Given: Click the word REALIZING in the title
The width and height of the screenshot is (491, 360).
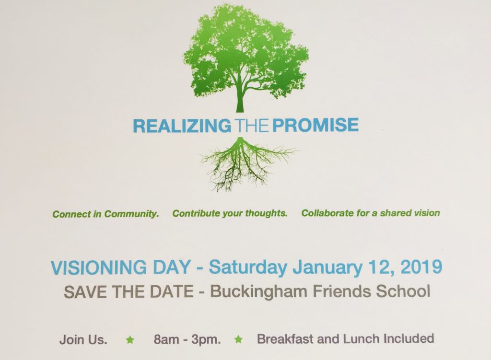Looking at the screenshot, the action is [182, 125].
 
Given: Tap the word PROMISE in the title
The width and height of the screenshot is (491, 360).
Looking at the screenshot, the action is [316, 125].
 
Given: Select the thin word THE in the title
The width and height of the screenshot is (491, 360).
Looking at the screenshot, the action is [251, 125].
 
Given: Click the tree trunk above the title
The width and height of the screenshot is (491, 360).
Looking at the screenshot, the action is [240, 100].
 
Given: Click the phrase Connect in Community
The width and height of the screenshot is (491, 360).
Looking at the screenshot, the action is [105, 214].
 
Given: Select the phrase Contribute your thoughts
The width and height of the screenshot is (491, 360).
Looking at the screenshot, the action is [230, 213].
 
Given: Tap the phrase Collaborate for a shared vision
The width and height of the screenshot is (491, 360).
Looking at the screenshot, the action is [371, 213].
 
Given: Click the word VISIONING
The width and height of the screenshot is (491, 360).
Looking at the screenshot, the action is [98, 268].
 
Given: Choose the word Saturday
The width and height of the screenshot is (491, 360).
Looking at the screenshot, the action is [247, 268].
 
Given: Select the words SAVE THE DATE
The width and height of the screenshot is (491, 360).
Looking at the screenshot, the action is [129, 292].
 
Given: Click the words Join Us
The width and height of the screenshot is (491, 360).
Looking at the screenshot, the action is [83, 340].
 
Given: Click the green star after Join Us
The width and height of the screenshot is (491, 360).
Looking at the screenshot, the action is [130, 340].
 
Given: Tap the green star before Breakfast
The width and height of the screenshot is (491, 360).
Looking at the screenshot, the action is [239, 339].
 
